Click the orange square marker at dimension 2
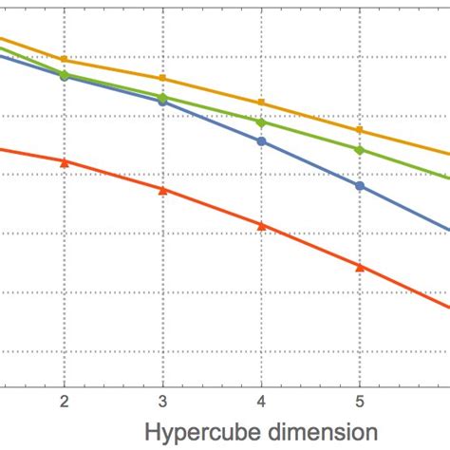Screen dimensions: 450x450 64,59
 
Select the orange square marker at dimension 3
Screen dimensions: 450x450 162,78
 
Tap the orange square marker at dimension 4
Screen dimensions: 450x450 261,103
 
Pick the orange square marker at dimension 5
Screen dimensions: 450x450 360,130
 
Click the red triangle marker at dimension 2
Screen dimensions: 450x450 64,162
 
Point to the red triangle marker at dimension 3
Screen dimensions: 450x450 162,190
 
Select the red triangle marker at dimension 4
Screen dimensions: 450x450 261,225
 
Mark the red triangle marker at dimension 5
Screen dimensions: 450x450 360,267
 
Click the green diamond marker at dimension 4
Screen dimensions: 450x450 261,122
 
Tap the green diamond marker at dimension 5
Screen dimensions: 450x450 360,149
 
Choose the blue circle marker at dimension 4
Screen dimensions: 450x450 261,141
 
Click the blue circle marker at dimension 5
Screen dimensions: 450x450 360,185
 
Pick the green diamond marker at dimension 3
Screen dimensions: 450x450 162,97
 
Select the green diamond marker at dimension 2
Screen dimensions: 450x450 64,74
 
